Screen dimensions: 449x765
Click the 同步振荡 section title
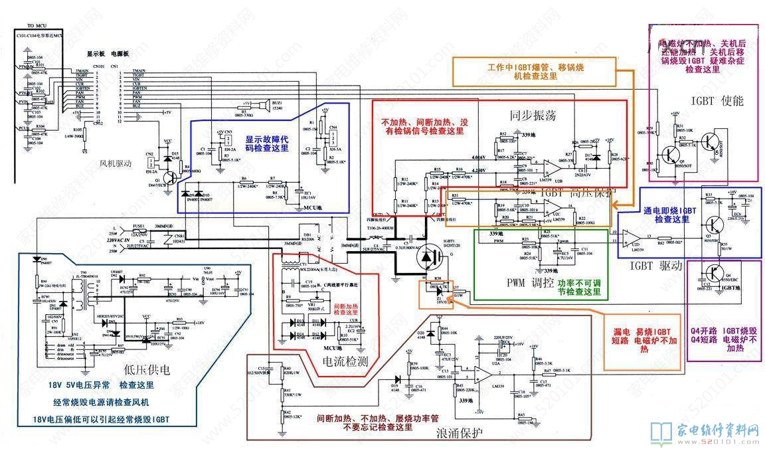(533, 116)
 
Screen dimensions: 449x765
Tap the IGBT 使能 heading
(717, 101)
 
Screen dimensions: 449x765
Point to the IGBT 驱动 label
(656, 266)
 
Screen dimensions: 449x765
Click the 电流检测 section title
(345, 361)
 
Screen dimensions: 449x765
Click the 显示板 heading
(97, 52)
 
